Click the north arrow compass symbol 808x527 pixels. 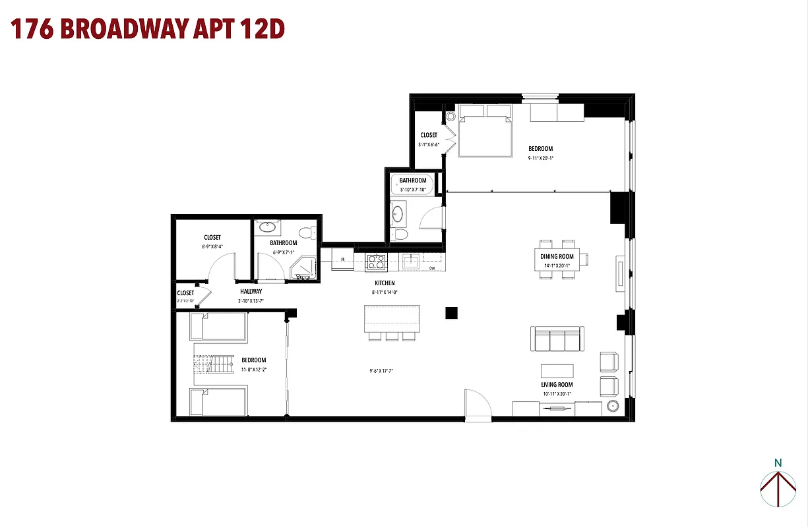pos(778,487)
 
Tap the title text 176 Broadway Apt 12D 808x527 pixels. pos(148,30)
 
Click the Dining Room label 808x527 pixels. pos(557,256)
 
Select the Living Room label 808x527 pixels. pos(557,385)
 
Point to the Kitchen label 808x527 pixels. pos(385,283)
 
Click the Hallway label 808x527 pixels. pos(251,291)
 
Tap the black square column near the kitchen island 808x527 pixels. pos(451,313)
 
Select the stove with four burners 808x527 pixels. pos(376,262)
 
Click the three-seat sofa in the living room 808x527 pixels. pos(557,339)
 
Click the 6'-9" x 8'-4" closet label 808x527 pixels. pos(212,246)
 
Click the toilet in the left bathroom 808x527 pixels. pos(307,232)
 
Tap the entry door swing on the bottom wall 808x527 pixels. pos(478,403)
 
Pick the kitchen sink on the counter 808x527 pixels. pos(410,262)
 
